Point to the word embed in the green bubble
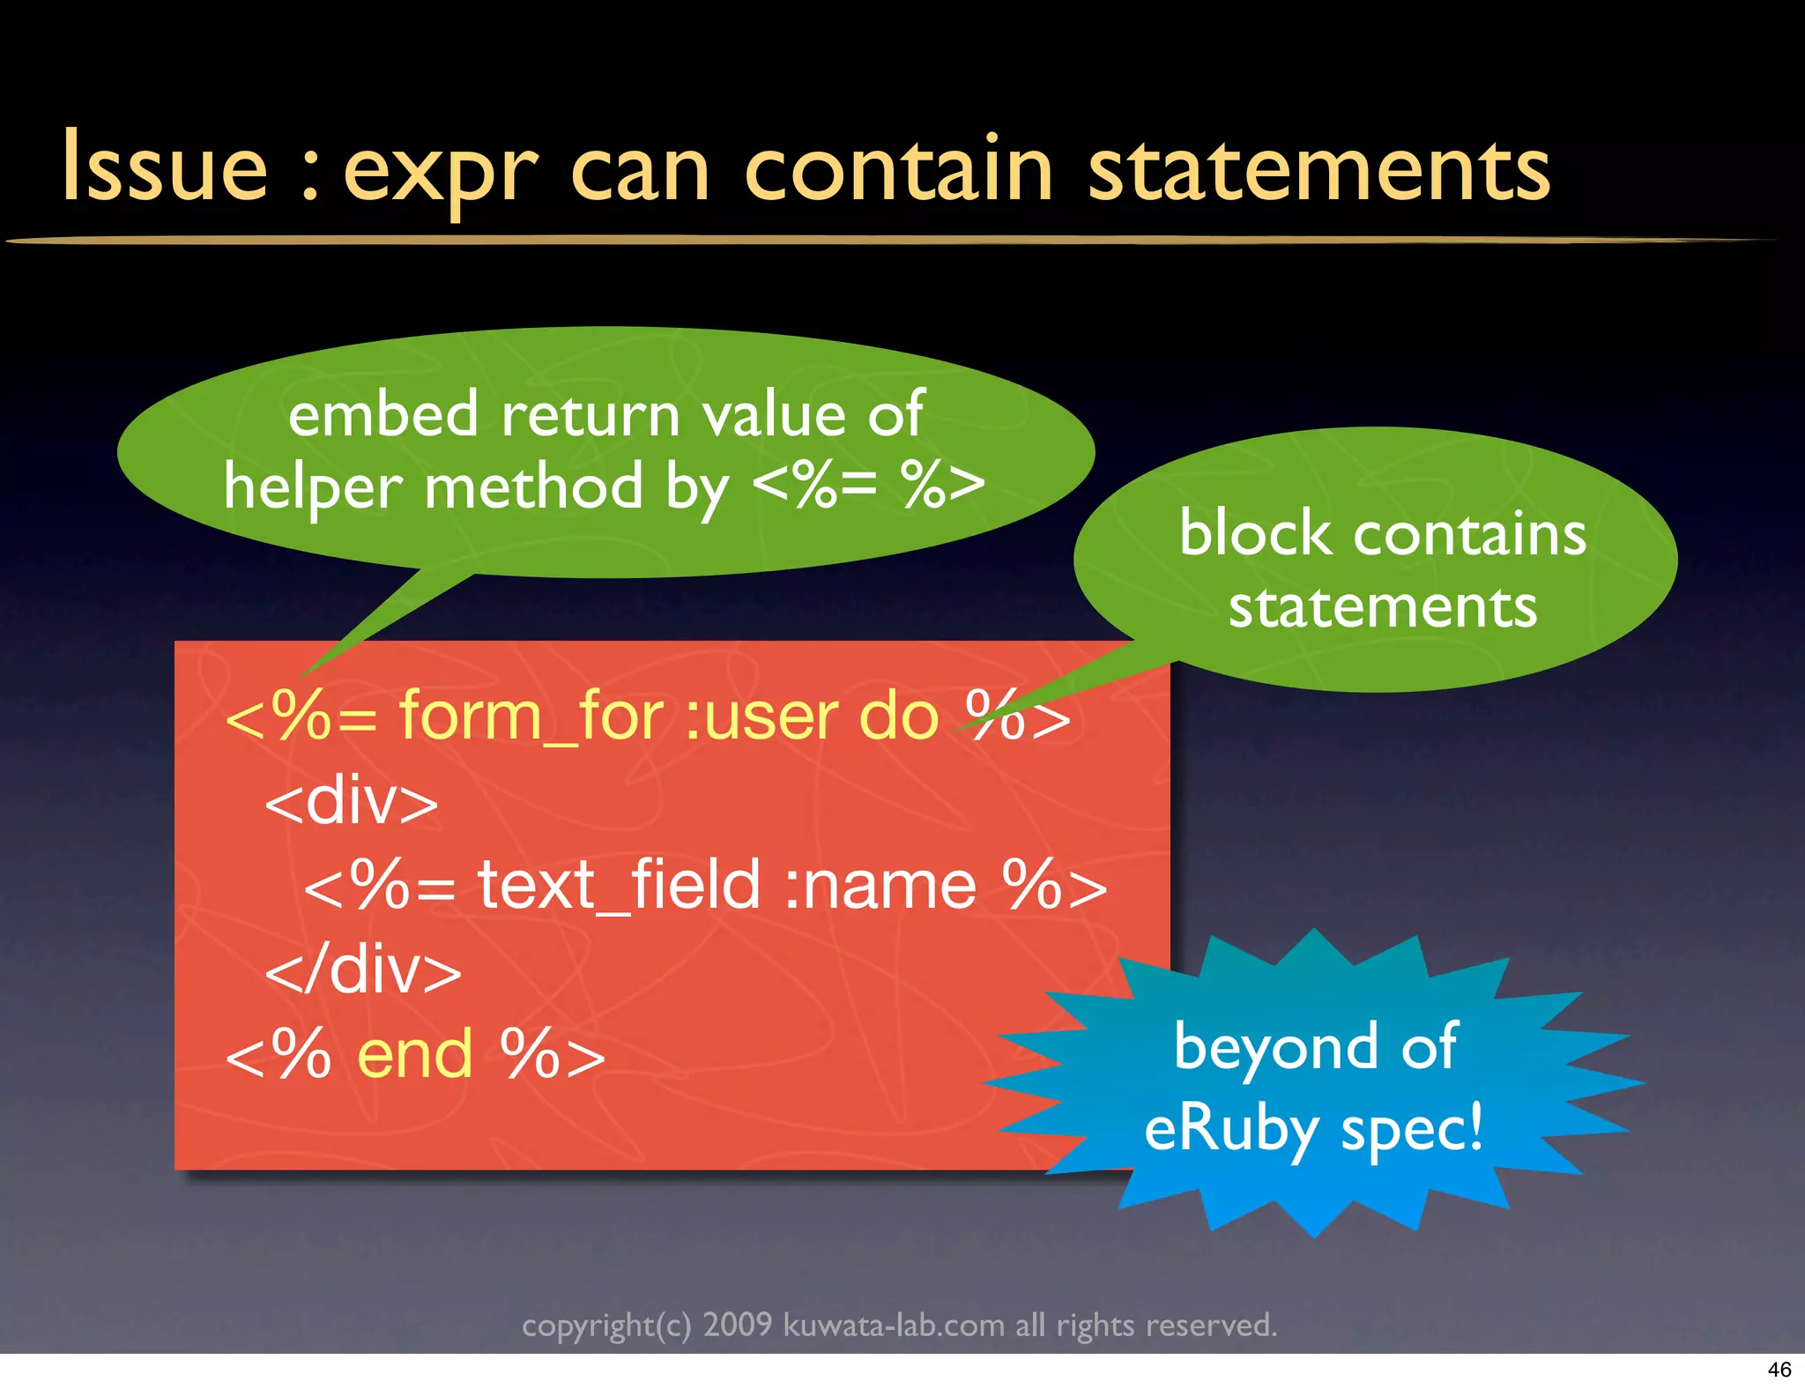tap(383, 414)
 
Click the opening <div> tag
tap(352, 801)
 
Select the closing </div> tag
tap(363, 969)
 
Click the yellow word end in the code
tap(415, 1054)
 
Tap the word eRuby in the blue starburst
tap(1230, 1129)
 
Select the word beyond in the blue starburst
tap(1275, 1047)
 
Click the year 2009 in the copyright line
tap(737, 1325)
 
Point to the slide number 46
tap(1779, 1370)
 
